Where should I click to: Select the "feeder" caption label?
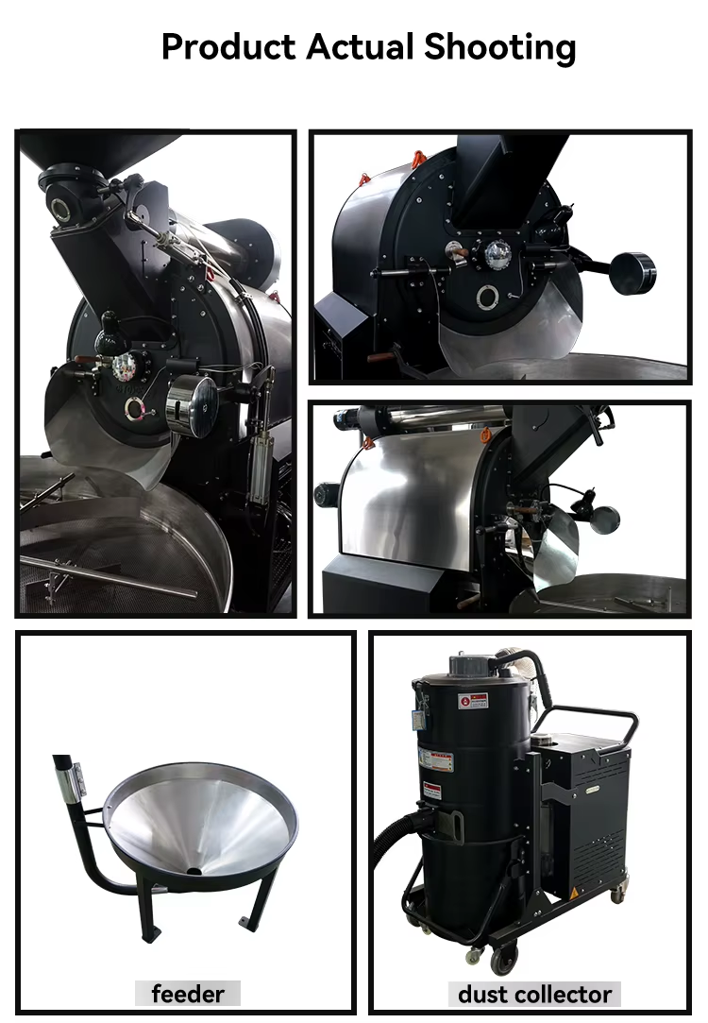(x=188, y=994)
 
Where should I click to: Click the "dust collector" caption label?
(x=535, y=994)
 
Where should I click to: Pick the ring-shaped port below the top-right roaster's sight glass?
(x=488, y=298)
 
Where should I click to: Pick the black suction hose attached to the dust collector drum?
(x=389, y=841)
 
